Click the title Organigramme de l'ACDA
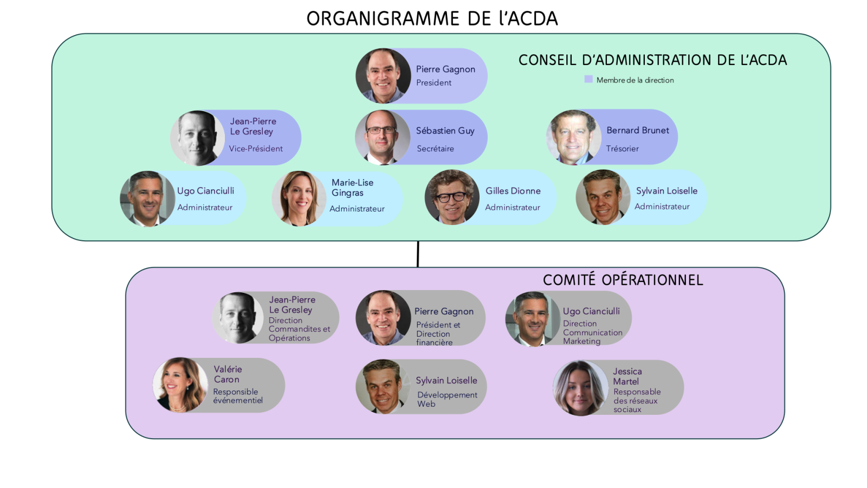point(432,18)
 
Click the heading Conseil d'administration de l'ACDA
point(652,60)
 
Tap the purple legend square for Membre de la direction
point(588,79)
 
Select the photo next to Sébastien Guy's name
point(382,137)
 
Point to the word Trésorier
point(622,149)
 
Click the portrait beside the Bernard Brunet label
point(573,137)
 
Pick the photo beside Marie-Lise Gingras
point(299,198)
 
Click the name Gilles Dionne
point(513,191)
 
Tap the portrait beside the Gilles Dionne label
point(451,197)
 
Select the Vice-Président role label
point(256,149)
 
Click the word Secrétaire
point(435,149)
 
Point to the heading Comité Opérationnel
point(623,280)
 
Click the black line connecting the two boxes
point(418,254)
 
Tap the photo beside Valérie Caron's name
point(180,385)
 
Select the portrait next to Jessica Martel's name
point(580,388)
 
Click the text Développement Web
point(447,399)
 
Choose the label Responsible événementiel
point(237,396)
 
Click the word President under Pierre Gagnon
point(433,82)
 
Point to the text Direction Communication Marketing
point(592,332)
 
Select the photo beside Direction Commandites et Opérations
point(239,318)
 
